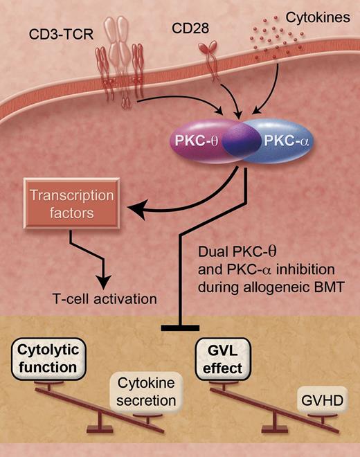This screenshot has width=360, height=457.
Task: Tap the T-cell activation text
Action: coord(99,300)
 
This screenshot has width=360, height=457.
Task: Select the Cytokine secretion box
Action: coord(143,392)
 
